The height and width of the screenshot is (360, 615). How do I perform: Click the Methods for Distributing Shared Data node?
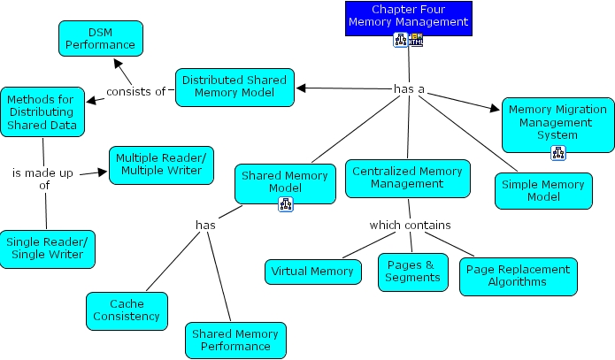tap(42, 111)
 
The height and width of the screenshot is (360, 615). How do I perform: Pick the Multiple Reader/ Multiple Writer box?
tap(160, 165)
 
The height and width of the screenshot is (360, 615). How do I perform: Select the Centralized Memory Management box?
tap(407, 177)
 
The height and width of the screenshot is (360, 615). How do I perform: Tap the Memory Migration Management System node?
tap(557, 123)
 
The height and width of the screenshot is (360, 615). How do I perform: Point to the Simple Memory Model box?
tap(543, 190)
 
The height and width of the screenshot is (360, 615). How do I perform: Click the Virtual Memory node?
tap(312, 272)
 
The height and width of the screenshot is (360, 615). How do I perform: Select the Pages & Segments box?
tap(412, 271)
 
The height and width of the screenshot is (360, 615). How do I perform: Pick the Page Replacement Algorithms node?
tap(518, 276)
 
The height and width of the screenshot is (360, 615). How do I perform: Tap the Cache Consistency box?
tap(127, 310)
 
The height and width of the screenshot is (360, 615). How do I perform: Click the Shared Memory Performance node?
tap(235, 340)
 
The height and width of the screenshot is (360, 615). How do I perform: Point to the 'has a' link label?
tap(408, 88)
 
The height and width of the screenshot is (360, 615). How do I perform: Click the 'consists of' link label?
tap(135, 91)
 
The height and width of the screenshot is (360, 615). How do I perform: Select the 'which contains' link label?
tap(410, 225)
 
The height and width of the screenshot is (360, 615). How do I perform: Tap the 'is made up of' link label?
tap(42, 179)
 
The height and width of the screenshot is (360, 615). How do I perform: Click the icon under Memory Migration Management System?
tap(557, 154)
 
